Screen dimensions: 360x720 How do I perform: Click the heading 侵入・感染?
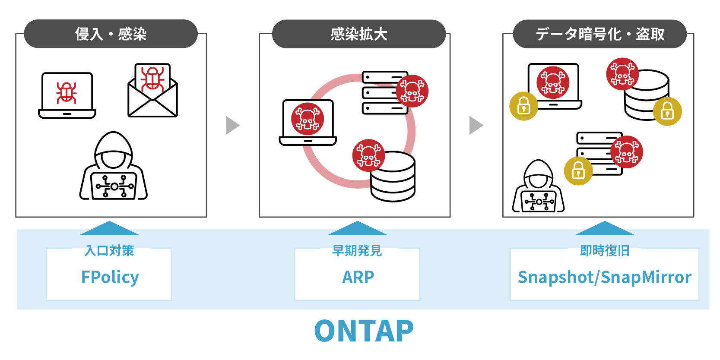[x=111, y=34]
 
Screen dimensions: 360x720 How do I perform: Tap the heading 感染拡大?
[x=358, y=34]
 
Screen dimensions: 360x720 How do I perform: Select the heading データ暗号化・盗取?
[x=599, y=34]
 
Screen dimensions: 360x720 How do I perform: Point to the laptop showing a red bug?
[x=67, y=95]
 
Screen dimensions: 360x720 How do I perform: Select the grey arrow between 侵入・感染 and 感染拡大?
[x=232, y=125]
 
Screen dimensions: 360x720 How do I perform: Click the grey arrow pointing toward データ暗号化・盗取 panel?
[x=476, y=125]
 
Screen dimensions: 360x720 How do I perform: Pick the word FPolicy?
[x=110, y=277]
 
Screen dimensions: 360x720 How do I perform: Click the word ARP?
[x=358, y=277]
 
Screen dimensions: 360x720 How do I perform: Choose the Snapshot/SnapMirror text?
[x=604, y=277]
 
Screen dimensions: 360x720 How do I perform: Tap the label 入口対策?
[x=109, y=250]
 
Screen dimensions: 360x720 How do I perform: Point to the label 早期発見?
[x=357, y=250]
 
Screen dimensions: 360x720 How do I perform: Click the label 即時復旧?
[x=604, y=250]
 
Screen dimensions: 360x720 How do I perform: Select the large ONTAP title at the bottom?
[x=364, y=331]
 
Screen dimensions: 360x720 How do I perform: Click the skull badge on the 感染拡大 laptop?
[x=307, y=118]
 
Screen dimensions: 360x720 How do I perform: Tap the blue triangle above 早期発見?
[x=357, y=228]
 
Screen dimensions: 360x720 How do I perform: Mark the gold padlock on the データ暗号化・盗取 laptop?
[x=523, y=106]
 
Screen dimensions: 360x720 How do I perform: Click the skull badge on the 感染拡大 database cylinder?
[x=368, y=155]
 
